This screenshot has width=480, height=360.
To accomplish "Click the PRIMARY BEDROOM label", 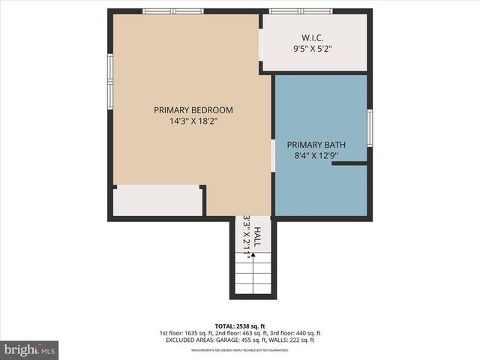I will pos(193,109).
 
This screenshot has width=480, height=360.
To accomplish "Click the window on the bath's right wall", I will pos(370,127).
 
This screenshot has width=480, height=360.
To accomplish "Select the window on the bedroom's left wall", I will pos(109,81).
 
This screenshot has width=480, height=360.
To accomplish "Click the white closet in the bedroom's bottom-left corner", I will pos(157,201).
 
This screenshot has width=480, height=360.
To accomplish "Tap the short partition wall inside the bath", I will pos(349,163).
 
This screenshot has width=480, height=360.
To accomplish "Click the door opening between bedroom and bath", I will pos(272,155).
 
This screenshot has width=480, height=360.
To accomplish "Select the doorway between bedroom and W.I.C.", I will pos(260,46).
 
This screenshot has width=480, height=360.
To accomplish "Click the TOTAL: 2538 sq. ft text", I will pos(240,325).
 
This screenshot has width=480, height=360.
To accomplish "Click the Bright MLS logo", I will pos(30,349).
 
